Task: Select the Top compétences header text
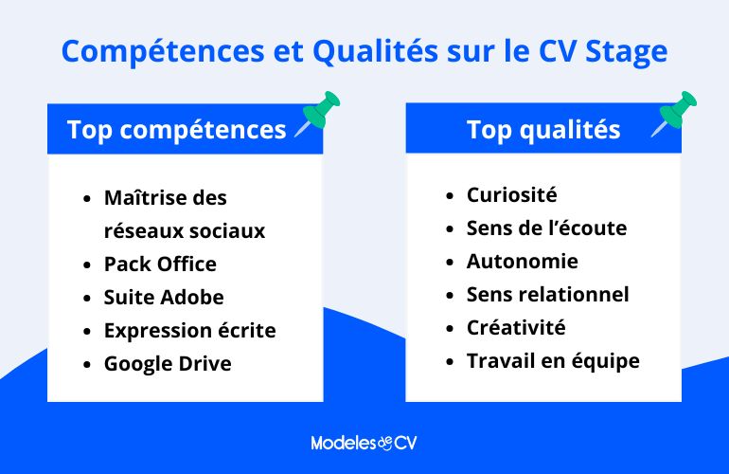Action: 176,130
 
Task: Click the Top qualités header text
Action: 543,130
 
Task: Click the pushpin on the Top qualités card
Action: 678,112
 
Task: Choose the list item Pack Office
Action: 160,264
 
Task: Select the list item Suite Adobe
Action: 164,297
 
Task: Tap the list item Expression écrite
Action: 189,330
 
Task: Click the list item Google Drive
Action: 168,363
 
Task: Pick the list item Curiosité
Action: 511,195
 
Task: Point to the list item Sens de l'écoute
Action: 546,228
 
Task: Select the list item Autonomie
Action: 522,261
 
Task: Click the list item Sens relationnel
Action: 547,295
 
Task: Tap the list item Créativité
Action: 516,328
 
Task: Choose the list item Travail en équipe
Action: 553,361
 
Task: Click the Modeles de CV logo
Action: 364,443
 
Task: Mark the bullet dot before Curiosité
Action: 450,196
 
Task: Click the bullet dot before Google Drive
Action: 87,364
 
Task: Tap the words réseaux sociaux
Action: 185,230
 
